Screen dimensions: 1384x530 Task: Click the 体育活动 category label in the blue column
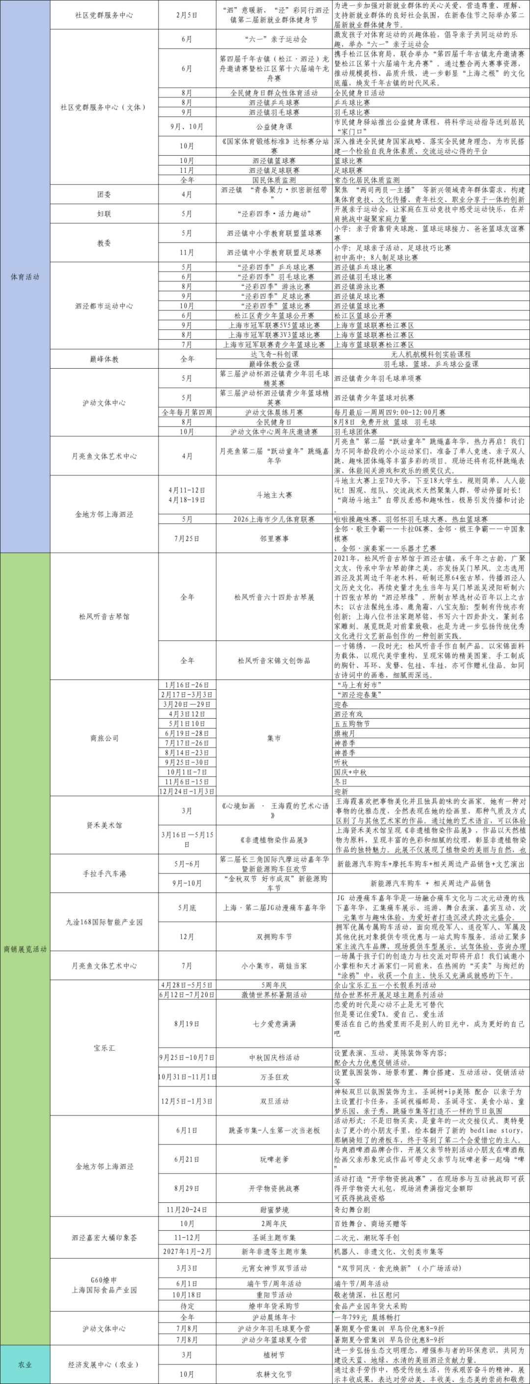click(25, 277)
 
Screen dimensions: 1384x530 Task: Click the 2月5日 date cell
click(187, 15)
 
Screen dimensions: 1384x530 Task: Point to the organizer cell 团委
click(104, 194)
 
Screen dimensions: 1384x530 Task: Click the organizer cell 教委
click(104, 243)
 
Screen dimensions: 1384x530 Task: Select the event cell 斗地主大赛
click(274, 495)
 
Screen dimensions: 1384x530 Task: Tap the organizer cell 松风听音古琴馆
click(104, 616)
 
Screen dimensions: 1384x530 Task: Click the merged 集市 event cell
click(274, 738)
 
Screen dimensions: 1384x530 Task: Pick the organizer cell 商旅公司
click(104, 738)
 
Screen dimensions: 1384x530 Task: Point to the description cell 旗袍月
click(344, 733)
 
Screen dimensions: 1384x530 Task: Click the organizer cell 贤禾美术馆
click(104, 825)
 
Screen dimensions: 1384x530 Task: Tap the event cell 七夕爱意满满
click(274, 1024)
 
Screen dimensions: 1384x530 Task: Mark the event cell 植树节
click(274, 1355)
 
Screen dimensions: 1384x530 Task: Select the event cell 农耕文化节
click(274, 1374)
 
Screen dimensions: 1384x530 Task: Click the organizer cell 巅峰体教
click(104, 359)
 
